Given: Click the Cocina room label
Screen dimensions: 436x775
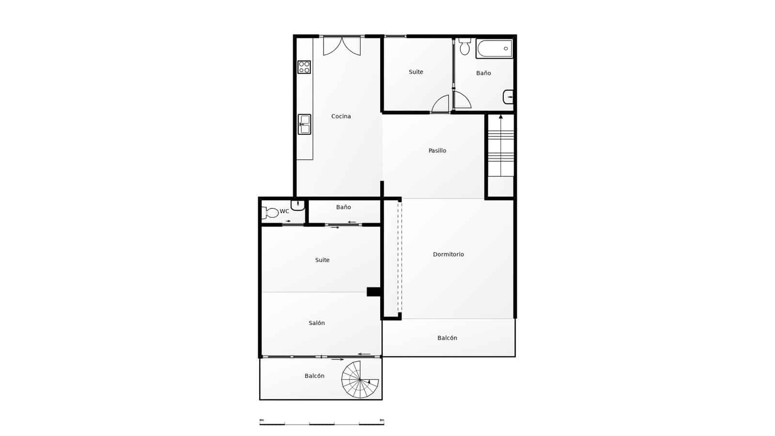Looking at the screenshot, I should tap(341, 116).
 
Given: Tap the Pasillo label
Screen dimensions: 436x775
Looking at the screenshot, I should tap(437, 151).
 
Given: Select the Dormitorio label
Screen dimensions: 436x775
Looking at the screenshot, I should tap(449, 254).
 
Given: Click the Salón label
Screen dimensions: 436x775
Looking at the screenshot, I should tap(317, 323).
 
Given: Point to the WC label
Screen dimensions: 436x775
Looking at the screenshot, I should tap(284, 211).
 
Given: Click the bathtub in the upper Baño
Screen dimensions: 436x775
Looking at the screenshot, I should tap(494, 48).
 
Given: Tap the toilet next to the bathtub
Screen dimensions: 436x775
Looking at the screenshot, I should tap(465, 47).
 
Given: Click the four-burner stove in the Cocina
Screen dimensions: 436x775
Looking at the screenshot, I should tap(304, 67).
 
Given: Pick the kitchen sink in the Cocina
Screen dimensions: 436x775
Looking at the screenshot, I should tap(304, 124).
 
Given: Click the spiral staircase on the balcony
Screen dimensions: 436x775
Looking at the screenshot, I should tap(360, 379).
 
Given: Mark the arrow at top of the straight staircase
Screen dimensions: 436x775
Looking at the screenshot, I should tap(501, 117).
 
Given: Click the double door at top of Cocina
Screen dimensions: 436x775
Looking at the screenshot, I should tap(342, 45).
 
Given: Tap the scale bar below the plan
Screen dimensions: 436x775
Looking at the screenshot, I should tap(322, 424).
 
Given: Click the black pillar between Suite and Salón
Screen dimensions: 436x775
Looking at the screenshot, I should tap(373, 292).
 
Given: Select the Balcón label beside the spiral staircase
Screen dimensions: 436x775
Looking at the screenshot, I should tap(314, 376).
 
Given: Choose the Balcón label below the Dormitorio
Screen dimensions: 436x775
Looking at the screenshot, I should tap(447, 338).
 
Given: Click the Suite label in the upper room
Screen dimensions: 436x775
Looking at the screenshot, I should tap(416, 72).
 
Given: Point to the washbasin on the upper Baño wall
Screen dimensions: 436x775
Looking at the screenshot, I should tap(508, 97).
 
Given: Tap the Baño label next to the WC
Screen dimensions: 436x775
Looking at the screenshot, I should tap(343, 207).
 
